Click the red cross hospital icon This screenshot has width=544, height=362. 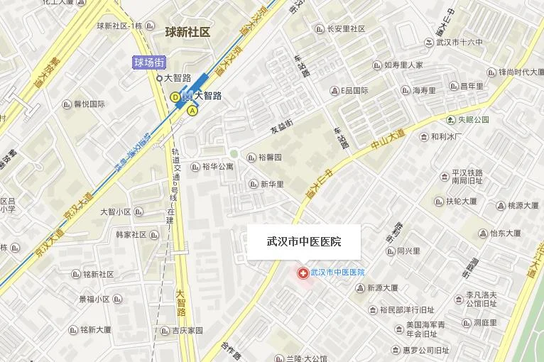pyautogui.click(x=303, y=273)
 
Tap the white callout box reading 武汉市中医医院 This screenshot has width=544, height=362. pyautogui.click(x=304, y=242)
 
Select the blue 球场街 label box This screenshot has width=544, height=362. pyautogui.click(x=150, y=62)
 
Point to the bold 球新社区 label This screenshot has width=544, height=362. pyautogui.click(x=187, y=32)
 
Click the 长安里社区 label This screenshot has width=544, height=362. pyautogui.click(x=346, y=29)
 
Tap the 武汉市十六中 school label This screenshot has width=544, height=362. pyautogui.click(x=459, y=43)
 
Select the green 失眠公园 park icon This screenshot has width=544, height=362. pyautogui.click(x=451, y=119)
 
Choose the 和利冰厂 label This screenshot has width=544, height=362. pyautogui.click(x=446, y=136)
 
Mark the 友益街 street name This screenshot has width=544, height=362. pyautogui.click(x=281, y=128)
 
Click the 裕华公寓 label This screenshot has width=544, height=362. pyautogui.click(x=217, y=168)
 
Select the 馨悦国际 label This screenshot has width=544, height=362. pyautogui.click(x=89, y=104)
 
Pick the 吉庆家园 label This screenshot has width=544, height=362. pyautogui.click(x=187, y=330)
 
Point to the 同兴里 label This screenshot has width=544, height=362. pyautogui.click(x=408, y=251)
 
